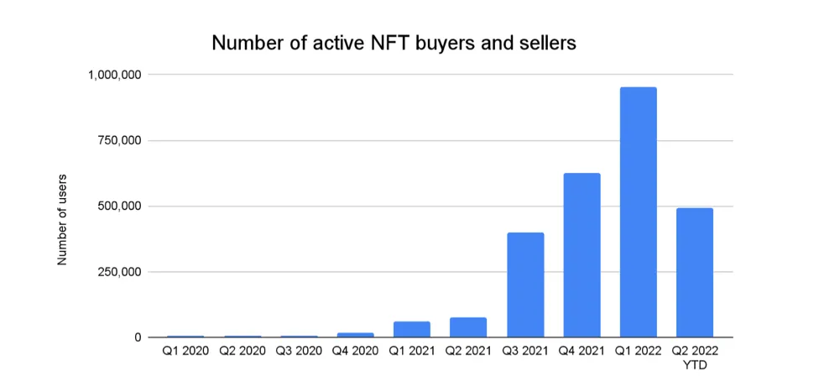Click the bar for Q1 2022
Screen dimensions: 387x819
638,212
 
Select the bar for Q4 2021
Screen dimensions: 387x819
582,255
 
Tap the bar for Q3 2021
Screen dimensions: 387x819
525,285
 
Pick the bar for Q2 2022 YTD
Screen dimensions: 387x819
694,272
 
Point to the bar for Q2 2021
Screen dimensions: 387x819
468,327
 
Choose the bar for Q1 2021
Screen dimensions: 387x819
412,329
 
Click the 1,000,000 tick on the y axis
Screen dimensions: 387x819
114,75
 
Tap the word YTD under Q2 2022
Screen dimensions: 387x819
694,365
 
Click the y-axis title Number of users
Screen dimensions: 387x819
62,220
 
